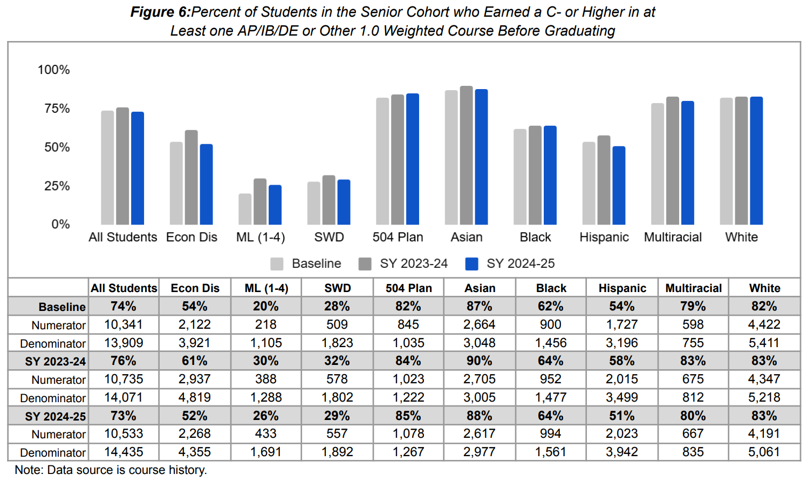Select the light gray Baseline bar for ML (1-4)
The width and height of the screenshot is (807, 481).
(245, 209)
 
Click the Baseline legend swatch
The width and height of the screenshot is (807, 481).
(277, 263)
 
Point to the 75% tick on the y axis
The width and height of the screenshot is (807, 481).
(57, 109)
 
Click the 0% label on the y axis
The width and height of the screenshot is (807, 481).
(60, 224)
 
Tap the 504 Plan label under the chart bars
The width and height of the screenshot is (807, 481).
(398, 237)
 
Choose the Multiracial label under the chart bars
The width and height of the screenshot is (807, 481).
(673, 237)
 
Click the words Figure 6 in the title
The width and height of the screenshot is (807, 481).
(160, 12)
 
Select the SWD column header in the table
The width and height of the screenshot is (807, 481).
(337, 288)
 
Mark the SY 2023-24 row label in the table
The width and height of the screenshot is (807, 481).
(55, 361)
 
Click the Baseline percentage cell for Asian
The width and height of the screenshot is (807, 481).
(479, 306)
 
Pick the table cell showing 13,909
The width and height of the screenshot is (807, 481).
(124, 343)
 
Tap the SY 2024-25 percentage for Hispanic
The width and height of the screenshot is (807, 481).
(621, 416)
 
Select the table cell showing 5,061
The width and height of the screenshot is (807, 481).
(764, 452)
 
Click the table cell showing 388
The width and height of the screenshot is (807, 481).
(265, 379)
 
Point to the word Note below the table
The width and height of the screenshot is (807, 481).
(28, 470)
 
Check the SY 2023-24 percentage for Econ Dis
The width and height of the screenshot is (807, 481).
(194, 361)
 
